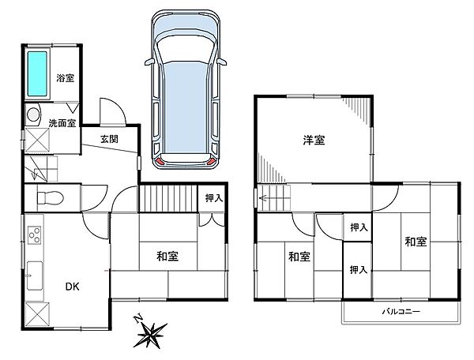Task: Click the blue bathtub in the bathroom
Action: click(x=37, y=74)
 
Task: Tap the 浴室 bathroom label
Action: click(x=66, y=78)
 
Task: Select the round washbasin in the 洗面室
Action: click(x=32, y=114)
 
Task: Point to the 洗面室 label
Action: click(x=62, y=123)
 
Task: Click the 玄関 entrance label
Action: click(x=109, y=139)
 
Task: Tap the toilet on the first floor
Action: click(x=51, y=198)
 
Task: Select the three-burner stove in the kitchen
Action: click(x=34, y=235)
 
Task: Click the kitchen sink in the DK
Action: click(x=35, y=276)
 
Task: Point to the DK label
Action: click(x=73, y=287)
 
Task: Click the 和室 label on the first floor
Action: click(x=167, y=256)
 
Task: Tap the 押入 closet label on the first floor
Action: click(x=214, y=198)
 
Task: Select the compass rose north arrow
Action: click(x=151, y=335)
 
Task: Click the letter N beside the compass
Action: click(x=138, y=319)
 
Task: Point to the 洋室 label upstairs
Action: click(x=314, y=141)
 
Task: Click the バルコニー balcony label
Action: click(x=401, y=311)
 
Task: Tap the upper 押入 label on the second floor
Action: click(x=359, y=227)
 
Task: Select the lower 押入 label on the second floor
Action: click(x=359, y=270)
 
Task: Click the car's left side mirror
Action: click(x=149, y=62)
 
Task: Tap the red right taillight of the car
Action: click(x=212, y=161)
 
